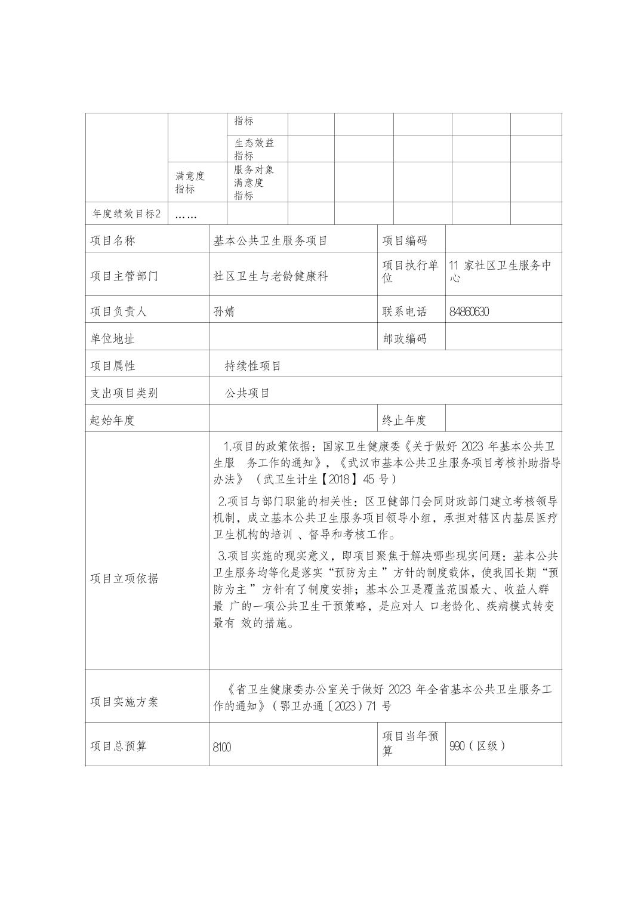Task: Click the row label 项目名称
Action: point(113,240)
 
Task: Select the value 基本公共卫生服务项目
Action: point(271,240)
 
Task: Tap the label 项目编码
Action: point(405,240)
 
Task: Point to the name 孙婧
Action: point(224,311)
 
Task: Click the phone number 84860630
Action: point(469,311)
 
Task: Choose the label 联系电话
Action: point(405,311)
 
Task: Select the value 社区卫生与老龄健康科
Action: point(271,276)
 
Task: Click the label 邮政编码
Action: point(405,339)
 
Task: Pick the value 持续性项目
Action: point(253,366)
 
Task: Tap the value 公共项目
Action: point(248,393)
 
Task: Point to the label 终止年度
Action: point(405,420)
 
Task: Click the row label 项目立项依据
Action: point(124,579)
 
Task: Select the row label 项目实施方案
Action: point(124,702)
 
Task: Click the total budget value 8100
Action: point(222,746)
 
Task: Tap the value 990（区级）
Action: point(477,746)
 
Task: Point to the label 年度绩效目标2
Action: point(127,214)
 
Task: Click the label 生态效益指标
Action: point(254,149)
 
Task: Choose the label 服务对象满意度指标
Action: point(254,183)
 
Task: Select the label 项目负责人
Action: point(118,311)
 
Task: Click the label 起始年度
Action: point(113,420)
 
